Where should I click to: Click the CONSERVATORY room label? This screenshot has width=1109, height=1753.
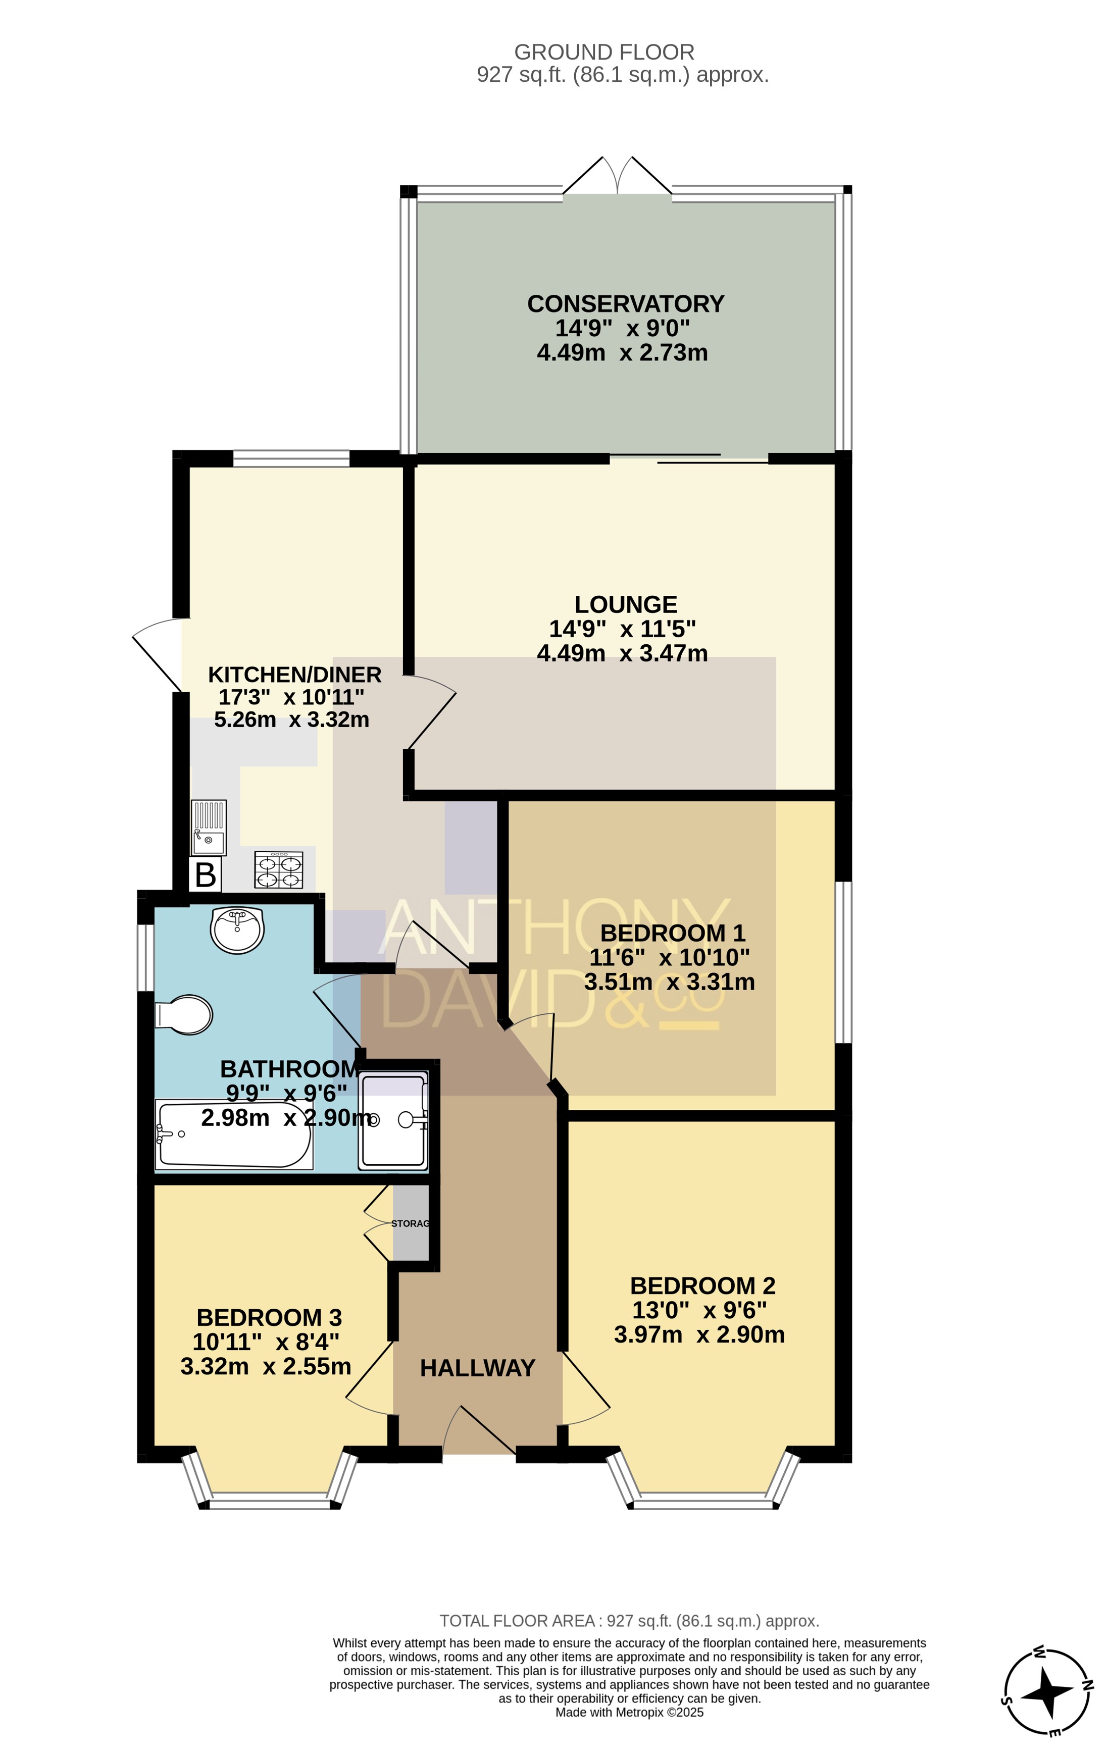point(626,303)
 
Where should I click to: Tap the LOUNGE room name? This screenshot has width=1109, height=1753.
point(626,604)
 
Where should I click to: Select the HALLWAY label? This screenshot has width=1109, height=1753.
point(478,1368)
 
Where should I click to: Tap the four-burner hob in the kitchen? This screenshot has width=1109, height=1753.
point(279,870)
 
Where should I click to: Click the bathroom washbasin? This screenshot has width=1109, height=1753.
point(237,930)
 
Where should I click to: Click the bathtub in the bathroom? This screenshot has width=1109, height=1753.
point(234,1134)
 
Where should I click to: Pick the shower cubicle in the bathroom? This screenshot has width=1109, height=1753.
point(393,1121)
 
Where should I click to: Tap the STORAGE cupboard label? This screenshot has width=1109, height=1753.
point(411,1224)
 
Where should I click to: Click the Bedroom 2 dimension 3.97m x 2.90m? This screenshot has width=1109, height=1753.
point(699,1335)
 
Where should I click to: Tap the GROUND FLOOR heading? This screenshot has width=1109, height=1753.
point(604,53)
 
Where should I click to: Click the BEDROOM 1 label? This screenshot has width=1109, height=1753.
point(673,933)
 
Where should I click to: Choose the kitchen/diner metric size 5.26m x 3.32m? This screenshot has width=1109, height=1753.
point(291,720)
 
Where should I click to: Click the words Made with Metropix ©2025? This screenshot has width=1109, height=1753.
point(629,1712)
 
